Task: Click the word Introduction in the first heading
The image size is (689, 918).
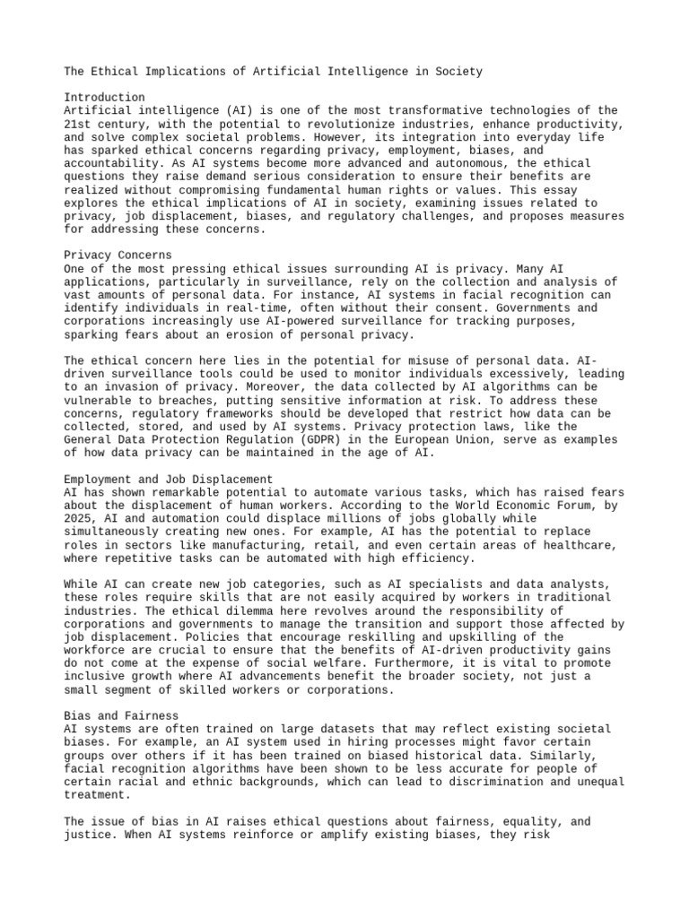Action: click(x=104, y=97)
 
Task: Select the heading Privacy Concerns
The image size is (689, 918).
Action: click(x=118, y=255)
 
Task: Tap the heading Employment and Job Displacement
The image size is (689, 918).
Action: click(x=169, y=480)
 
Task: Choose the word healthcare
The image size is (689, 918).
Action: click(x=584, y=545)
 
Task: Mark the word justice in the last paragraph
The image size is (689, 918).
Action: click(x=88, y=835)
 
